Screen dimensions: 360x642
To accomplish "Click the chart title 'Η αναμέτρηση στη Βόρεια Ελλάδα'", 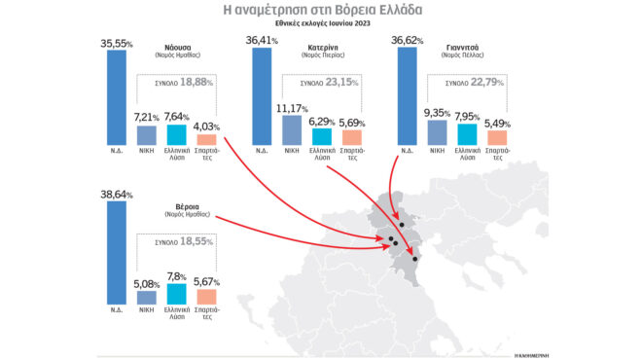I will pyautogui.click(x=320, y=11).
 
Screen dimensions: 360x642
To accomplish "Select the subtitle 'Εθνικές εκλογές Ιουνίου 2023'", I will pyautogui.click(x=320, y=27).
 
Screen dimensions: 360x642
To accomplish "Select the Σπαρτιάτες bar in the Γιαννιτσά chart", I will pyautogui.click(x=498, y=137).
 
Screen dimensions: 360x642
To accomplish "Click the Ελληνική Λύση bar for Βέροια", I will pyautogui.click(x=177, y=293).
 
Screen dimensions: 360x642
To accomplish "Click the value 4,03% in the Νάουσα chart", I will pyautogui.click(x=207, y=125).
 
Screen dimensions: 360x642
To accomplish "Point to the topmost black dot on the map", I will pyautogui.click(x=401, y=223).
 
